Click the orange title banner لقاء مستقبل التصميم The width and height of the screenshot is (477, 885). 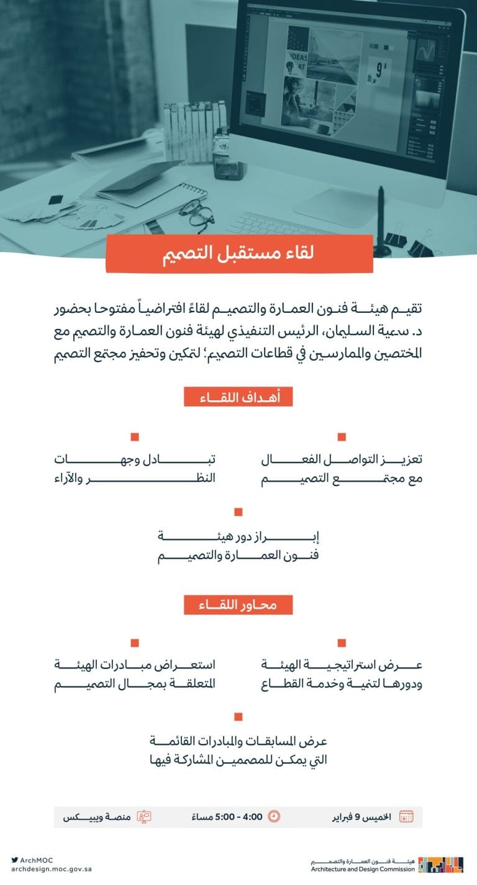pos(239,254)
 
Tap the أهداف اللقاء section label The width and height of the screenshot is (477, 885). pos(238,398)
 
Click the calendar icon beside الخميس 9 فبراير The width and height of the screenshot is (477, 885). pos(406,817)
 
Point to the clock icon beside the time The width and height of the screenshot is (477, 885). pos(274,817)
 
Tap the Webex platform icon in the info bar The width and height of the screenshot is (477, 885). pos(144,817)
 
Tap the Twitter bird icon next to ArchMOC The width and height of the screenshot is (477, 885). pos(14,860)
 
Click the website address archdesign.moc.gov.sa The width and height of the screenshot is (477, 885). pos(51,869)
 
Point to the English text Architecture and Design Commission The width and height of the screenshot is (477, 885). pos(363,869)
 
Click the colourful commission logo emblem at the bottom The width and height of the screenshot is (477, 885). pos(440,865)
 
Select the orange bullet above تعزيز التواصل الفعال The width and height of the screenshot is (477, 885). pos(342,437)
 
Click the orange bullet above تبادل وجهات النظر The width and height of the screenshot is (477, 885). pos(135,437)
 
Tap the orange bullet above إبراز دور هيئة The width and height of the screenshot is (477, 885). pos(238,512)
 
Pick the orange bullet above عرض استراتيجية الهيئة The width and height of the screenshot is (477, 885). pos(342,643)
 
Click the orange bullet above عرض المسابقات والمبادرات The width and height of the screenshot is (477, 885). pos(238,717)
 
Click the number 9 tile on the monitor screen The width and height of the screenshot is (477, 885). pos(379,70)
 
